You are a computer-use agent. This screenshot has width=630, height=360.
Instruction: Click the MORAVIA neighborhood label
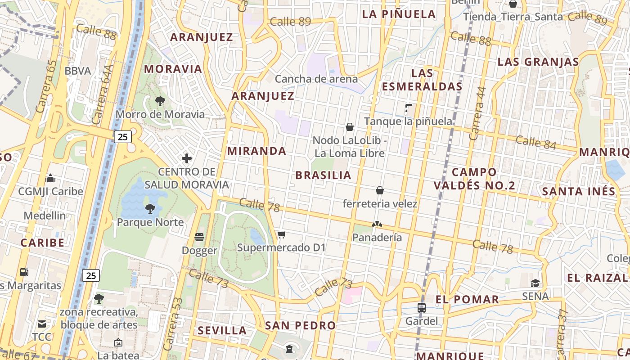173,69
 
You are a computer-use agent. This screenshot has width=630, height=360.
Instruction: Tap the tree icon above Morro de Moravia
160,101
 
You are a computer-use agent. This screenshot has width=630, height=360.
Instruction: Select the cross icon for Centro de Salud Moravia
187,158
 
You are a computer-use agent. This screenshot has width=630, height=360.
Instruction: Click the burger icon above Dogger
200,237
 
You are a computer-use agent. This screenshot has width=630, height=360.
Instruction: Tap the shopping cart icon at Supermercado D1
282,234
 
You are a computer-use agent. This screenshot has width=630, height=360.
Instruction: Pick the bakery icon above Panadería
377,224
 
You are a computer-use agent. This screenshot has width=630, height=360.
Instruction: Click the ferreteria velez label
380,204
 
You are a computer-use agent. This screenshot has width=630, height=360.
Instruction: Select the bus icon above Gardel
422,308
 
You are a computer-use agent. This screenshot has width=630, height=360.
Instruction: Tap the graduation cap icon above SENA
535,283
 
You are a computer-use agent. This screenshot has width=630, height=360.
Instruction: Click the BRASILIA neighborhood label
323,175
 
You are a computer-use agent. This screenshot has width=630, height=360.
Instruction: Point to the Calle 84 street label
536,142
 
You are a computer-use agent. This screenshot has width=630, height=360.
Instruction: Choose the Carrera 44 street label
477,113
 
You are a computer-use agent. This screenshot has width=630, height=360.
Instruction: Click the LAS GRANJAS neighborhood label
538,62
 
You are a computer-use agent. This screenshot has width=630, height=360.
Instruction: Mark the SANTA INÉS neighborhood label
578,191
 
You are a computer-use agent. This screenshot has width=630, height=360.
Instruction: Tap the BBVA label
78,71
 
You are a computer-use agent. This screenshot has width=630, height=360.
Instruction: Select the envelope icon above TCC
42,324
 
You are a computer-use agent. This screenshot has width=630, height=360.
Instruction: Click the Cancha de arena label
316,79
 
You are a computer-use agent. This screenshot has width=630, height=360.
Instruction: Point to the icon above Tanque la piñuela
408,108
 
